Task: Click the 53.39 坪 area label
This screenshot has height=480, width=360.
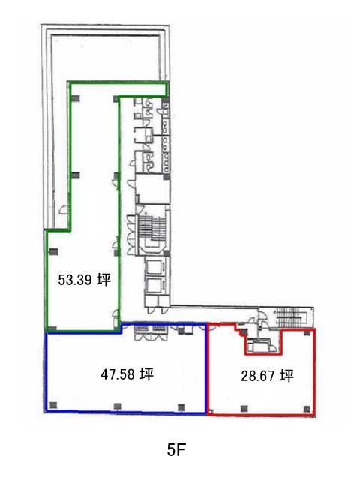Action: pyautogui.click(x=84, y=280)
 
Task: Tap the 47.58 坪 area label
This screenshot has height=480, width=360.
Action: pyautogui.click(x=127, y=374)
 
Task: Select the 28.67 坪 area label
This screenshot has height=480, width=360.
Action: pyautogui.click(x=267, y=376)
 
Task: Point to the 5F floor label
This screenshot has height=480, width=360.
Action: pyautogui.click(x=176, y=450)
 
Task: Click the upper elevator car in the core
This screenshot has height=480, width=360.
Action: pyautogui.click(x=154, y=267)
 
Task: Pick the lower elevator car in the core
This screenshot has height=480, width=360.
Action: pyautogui.click(x=154, y=286)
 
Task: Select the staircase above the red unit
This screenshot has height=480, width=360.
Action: pyautogui.click(x=290, y=316)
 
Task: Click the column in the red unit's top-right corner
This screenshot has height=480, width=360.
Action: pyautogui.click(x=307, y=333)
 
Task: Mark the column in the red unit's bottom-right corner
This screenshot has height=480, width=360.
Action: pyautogui.click(x=307, y=409)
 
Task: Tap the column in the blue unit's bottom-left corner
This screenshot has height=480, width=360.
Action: pyautogui.click(x=53, y=405)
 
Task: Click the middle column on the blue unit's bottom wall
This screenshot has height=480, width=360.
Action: pyautogui.click(x=117, y=406)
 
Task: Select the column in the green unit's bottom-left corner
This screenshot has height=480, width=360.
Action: pyautogui.click(x=52, y=328)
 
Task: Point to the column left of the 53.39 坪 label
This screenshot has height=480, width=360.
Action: pyautogui.click(x=53, y=252)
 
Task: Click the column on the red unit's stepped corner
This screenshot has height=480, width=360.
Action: pyautogui.click(x=244, y=331)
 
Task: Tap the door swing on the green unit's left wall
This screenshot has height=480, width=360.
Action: pyautogui.click(x=64, y=209)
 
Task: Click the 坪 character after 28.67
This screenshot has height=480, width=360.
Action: pyautogui.click(x=286, y=376)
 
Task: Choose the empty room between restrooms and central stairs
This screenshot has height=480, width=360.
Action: pyautogui.click(x=153, y=189)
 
